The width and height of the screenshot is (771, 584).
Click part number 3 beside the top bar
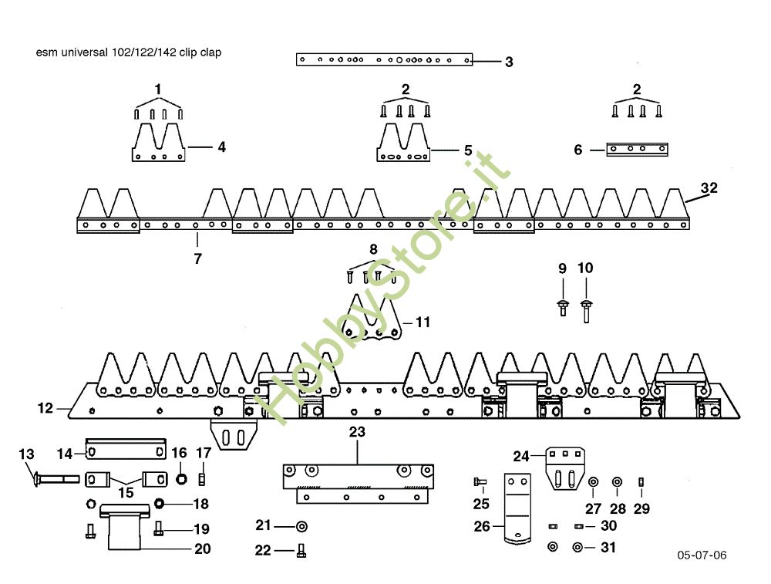point(509,62)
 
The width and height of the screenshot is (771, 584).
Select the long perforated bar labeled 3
point(384,59)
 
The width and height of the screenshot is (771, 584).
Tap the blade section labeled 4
point(158,144)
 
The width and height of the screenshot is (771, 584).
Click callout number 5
point(467,150)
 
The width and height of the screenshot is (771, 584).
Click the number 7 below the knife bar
point(197,259)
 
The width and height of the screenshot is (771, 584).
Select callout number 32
point(709,187)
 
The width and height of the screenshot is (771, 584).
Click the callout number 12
point(45,407)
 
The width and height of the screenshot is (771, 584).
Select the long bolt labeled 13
point(54,480)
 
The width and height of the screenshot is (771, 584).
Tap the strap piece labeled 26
point(516,509)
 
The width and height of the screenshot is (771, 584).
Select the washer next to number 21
point(301,526)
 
